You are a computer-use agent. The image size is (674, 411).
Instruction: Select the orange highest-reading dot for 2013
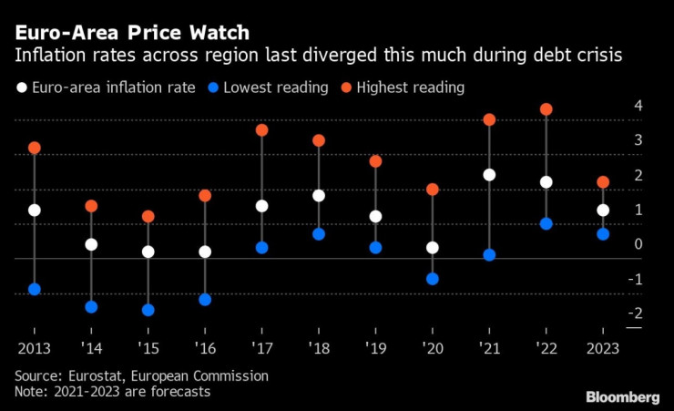point(35,148)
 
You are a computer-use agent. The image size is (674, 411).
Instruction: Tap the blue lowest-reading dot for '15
point(148,310)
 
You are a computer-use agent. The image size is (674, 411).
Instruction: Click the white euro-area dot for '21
point(489,175)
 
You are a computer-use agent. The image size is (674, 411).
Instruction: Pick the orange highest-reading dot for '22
point(546,109)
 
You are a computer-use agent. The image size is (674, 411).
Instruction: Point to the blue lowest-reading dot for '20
point(433,279)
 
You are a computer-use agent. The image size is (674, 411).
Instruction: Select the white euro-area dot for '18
point(319,196)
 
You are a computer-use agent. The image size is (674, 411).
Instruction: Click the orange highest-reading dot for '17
point(262,130)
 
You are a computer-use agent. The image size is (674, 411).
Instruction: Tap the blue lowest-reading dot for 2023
point(602,234)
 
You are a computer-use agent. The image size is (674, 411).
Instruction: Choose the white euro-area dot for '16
point(205,252)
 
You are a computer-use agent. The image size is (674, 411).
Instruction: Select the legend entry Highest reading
point(410,88)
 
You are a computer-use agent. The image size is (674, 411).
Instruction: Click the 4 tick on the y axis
point(638,106)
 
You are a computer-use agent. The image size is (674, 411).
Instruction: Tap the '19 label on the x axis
point(375,349)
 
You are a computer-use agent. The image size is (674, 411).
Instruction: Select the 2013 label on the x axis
point(35,349)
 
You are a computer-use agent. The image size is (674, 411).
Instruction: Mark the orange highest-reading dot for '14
point(91,206)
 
